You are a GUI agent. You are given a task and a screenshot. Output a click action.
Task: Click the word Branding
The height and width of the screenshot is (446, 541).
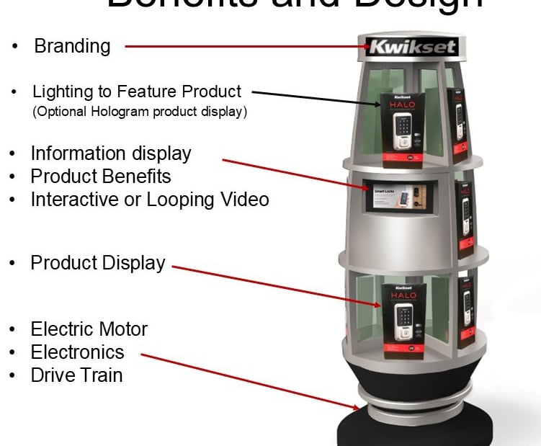point(72,47)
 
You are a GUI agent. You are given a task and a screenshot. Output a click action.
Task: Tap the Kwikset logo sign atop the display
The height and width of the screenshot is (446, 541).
point(412,48)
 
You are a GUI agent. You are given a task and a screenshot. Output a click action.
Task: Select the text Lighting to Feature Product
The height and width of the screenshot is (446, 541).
point(137,92)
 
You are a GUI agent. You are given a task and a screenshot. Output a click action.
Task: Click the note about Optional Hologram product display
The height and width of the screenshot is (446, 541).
point(140,112)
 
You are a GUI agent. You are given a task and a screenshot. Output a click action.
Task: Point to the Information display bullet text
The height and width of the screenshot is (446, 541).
point(111,153)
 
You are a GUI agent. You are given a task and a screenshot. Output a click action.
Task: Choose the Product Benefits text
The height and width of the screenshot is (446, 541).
point(100,177)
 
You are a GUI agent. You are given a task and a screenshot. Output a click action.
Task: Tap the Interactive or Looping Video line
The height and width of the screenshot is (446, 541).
point(149,200)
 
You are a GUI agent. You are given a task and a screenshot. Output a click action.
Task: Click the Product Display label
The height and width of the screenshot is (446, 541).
point(97,263)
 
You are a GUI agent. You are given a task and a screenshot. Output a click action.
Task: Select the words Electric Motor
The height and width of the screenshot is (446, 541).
point(89,329)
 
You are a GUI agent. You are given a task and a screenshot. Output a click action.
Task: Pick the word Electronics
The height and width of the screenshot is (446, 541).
point(77,352)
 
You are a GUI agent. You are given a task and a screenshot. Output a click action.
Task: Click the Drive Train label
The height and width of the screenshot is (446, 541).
point(76,375)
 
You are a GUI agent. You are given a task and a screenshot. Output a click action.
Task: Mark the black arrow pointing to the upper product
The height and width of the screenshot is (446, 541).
point(317,99)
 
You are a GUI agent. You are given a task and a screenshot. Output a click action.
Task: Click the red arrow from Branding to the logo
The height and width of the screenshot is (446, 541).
point(245,48)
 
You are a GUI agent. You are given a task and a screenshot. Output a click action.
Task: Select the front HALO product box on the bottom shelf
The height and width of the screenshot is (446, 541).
point(405,321)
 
